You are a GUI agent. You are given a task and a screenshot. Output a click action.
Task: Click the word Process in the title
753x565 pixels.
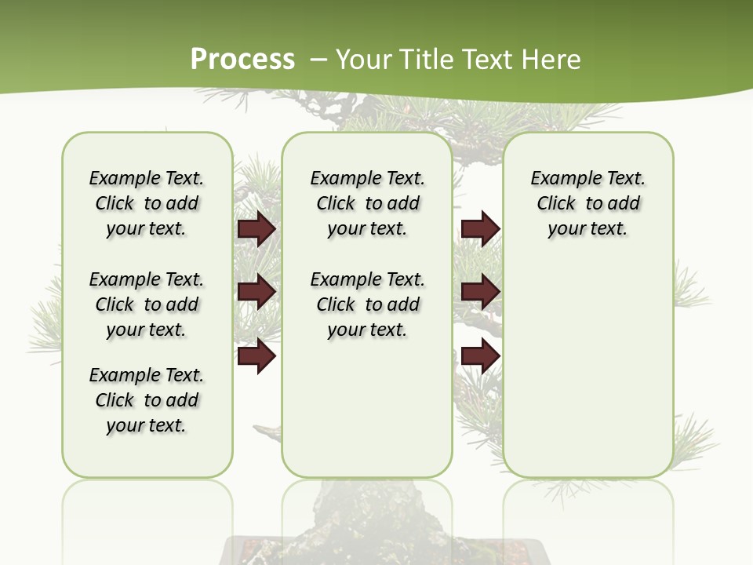(242, 60)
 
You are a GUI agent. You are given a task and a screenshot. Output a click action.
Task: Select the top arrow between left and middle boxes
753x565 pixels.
(256, 229)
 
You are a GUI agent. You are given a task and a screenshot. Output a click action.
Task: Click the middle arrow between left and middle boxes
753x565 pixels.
(256, 292)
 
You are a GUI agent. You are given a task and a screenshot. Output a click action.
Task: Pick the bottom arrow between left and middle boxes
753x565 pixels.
(256, 356)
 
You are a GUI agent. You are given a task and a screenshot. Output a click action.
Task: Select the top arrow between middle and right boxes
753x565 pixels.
(480, 228)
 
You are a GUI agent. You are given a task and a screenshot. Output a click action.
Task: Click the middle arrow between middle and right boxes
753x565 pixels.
(480, 292)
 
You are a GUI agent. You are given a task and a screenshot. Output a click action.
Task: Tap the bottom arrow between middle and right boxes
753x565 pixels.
(480, 356)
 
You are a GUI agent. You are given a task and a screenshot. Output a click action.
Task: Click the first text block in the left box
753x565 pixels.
(147, 203)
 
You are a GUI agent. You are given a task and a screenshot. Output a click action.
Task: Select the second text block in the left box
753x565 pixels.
(147, 304)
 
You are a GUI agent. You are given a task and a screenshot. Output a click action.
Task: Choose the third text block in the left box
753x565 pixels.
(147, 400)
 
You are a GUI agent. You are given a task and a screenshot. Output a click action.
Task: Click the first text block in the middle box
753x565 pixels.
(367, 203)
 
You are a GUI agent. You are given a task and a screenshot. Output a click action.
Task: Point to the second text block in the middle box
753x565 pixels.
(367, 304)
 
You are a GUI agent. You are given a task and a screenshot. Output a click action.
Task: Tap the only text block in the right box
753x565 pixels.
(587, 203)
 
